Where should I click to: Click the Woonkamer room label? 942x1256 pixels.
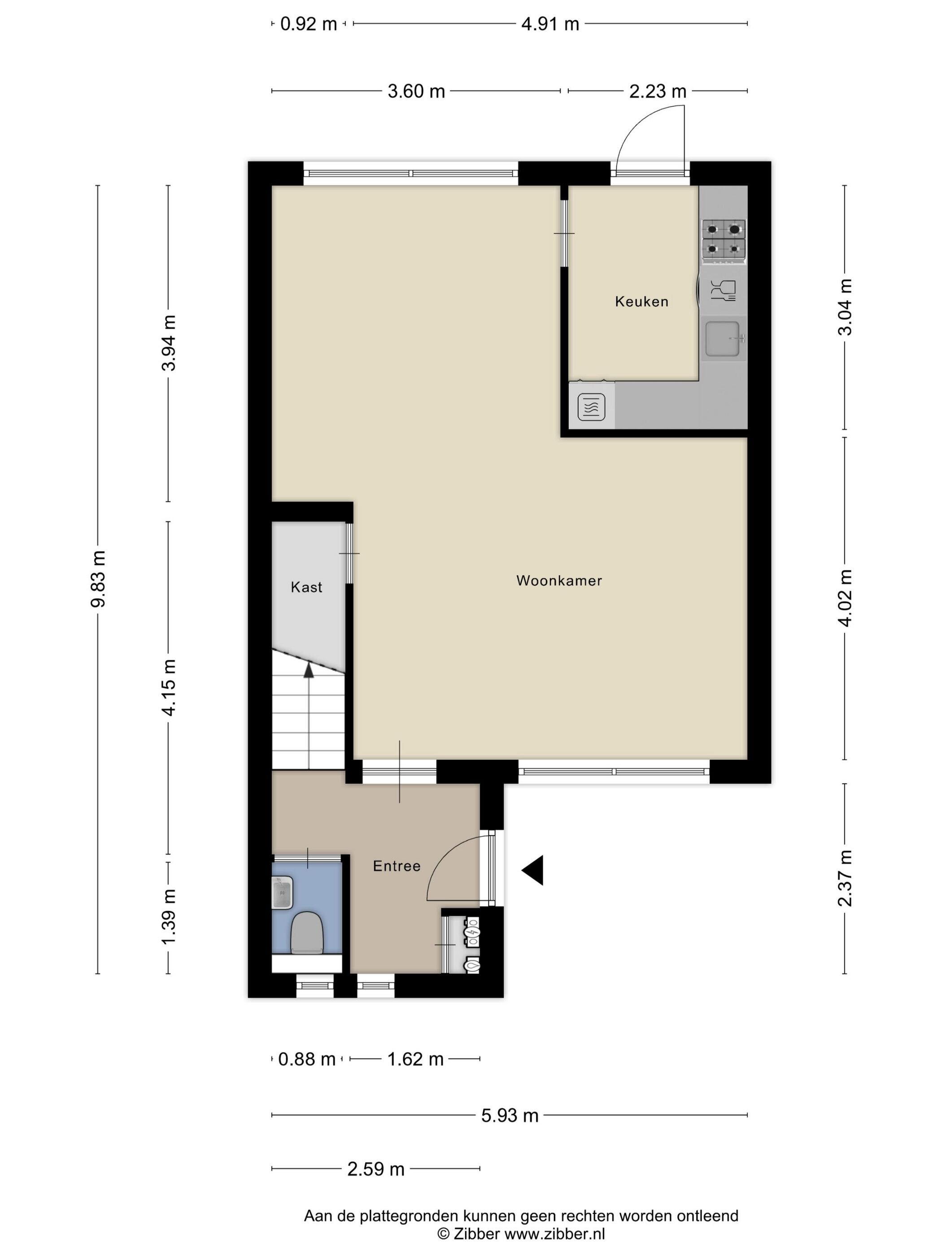tap(559, 580)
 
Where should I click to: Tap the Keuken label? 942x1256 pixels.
tap(641, 301)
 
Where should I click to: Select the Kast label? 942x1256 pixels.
tap(307, 587)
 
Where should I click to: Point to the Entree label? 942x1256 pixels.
tap(397, 866)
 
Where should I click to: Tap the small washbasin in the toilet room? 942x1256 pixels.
tap(282, 892)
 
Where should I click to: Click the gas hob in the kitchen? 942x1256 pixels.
tap(724, 241)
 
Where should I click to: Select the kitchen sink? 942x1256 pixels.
tap(723, 339)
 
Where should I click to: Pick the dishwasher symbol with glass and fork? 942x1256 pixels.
tap(723, 290)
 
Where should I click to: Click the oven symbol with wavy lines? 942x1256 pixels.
tap(591, 407)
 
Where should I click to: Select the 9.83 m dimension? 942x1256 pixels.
tap(98, 579)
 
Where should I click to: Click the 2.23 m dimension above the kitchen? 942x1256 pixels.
tap(658, 91)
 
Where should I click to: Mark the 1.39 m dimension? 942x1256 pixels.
tap(169, 916)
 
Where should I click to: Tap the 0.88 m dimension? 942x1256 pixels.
tap(307, 1059)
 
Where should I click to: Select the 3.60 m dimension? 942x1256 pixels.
tap(416, 91)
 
